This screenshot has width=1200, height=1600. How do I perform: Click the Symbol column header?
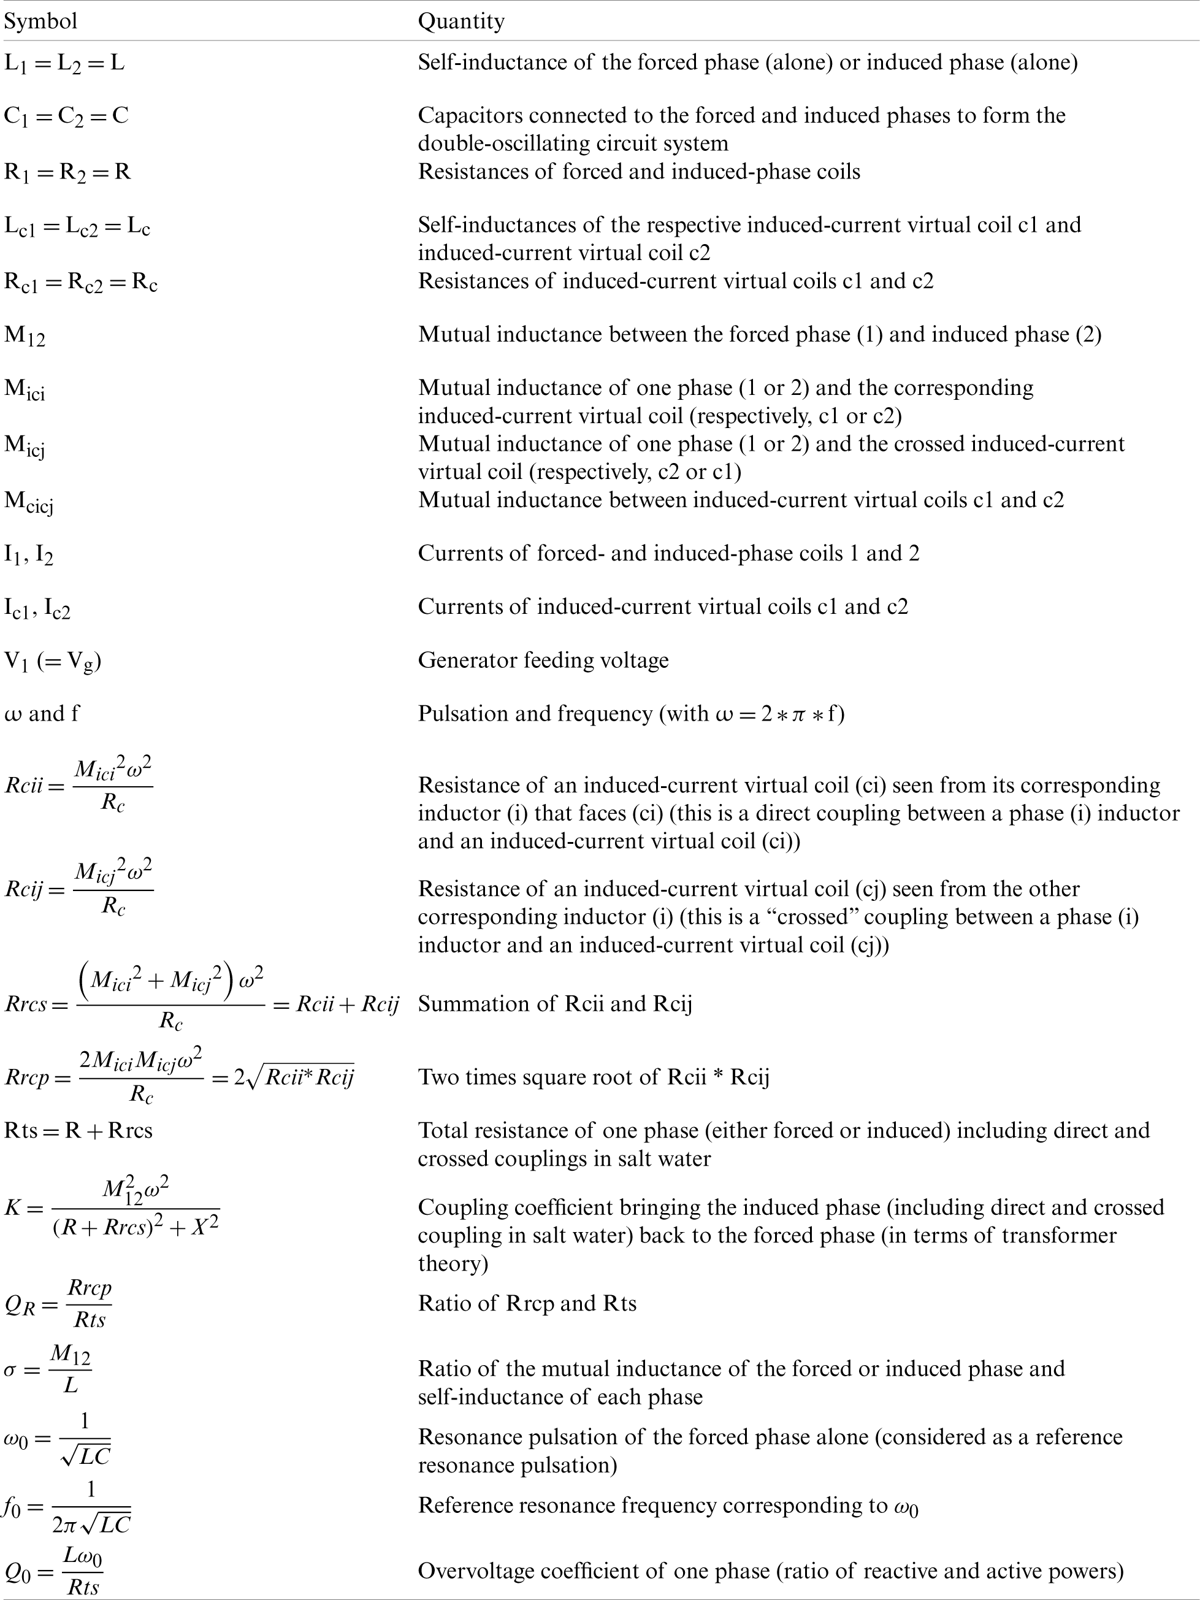coord(40,21)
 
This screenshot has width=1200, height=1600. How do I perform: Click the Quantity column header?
coord(461,21)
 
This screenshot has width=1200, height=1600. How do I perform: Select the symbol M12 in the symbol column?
coord(25,335)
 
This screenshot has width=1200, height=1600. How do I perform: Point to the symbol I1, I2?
coord(29,555)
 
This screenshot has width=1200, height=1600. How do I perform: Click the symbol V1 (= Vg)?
coord(52,661)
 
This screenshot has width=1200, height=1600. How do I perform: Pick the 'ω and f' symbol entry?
coord(42,714)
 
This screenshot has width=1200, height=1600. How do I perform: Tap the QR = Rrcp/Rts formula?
coord(58,1303)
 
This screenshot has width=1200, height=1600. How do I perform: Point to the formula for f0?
coord(67,1508)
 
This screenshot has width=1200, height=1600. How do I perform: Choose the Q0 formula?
coord(53,1573)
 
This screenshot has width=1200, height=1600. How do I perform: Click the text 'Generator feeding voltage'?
coord(543,660)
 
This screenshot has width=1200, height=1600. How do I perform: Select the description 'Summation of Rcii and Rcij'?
coord(555,1004)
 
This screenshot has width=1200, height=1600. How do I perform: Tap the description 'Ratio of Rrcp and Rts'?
coord(527,1303)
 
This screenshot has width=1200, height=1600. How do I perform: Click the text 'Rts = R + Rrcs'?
coord(78,1131)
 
